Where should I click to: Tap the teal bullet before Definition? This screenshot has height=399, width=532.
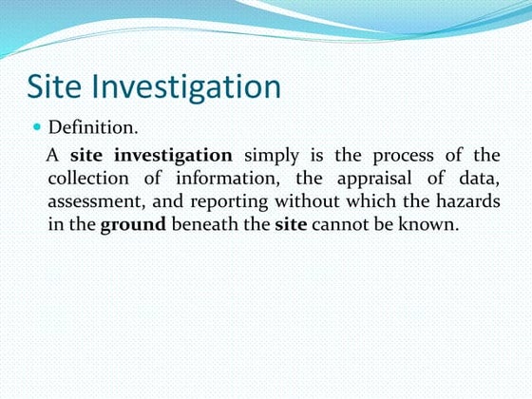(x=38, y=126)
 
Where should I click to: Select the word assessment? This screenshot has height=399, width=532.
(x=95, y=201)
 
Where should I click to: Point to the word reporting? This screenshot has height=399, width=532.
(x=232, y=202)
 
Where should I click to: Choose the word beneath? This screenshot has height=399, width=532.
(x=204, y=224)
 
